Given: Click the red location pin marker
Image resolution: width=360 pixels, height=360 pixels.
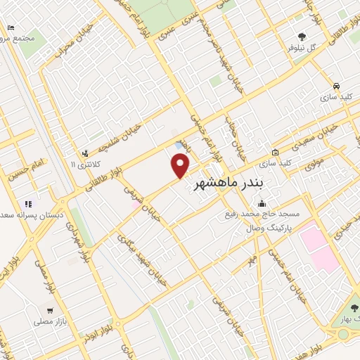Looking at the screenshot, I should point(181,165).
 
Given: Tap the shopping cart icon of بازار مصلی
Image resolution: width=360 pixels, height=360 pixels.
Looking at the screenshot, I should point(49,309).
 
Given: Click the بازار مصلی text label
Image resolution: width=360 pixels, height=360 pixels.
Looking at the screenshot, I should point(49,321).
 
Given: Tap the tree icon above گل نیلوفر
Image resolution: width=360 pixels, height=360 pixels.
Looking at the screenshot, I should point(302,36).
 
